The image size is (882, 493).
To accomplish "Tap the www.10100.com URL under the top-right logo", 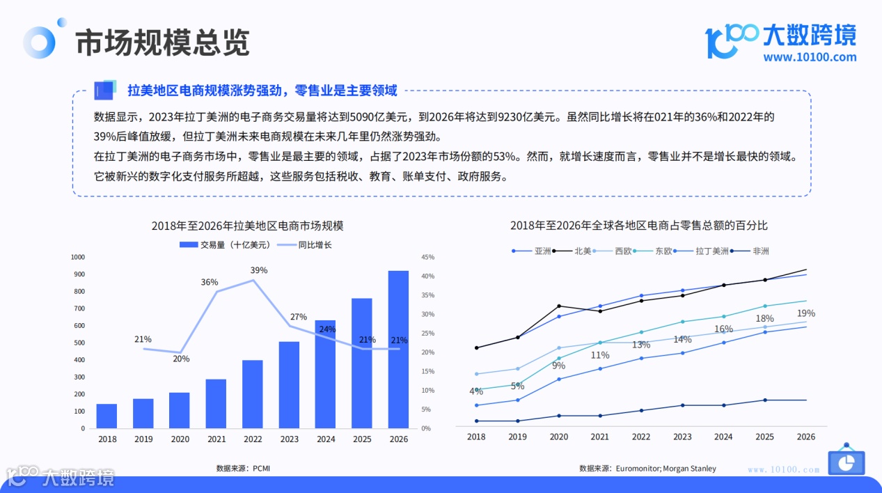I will tap(810, 57).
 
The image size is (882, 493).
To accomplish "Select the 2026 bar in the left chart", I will tap(398, 349).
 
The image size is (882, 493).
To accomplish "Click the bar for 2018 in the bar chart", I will tap(107, 416).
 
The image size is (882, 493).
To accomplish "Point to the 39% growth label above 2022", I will tap(259, 270).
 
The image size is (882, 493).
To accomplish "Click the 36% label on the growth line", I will tap(210, 282).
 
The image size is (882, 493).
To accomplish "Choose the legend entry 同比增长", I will tap(306, 244).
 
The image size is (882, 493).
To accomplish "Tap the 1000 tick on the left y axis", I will tap(77, 257).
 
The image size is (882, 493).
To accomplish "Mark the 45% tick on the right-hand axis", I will tap(427, 257).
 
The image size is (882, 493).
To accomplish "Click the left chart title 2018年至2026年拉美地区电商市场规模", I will tap(247, 226).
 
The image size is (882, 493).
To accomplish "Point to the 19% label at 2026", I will tap(806, 313).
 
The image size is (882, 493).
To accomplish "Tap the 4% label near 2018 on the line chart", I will tap(476, 391).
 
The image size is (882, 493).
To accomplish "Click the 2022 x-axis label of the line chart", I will tap(640, 437).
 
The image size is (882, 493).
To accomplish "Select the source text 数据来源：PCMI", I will tap(243, 468).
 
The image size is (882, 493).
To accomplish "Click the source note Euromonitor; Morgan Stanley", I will tap(647, 468).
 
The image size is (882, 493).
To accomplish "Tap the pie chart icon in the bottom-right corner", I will tap(846, 462).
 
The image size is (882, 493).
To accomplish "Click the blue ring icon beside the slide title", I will tap(39, 43).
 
